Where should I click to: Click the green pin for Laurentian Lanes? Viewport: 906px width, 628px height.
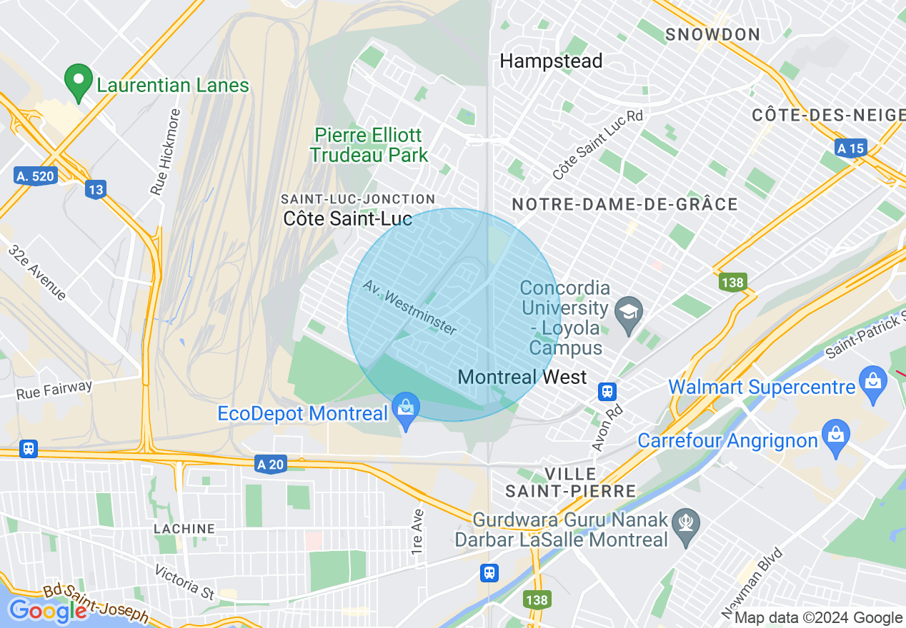[x=79, y=81]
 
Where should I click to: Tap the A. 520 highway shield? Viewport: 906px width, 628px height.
[x=35, y=176]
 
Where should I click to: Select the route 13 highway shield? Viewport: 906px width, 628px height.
[x=95, y=189]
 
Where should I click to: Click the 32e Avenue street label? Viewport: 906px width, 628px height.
[x=38, y=273]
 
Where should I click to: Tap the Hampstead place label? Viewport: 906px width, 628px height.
[x=551, y=61]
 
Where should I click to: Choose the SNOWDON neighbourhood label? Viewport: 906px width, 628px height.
[x=712, y=34]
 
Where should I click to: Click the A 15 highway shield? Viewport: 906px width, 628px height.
[x=850, y=148]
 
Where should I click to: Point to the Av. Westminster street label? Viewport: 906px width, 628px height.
[x=409, y=307]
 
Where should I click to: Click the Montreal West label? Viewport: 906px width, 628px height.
[x=522, y=377]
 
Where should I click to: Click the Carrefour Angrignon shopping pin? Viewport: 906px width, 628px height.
[x=835, y=437]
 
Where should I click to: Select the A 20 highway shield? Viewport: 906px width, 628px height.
[x=271, y=465]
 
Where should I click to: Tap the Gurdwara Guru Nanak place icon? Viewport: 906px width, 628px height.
[x=686, y=529]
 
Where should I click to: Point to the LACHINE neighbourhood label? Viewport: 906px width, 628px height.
[x=184, y=529]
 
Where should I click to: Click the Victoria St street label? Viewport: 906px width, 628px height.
[x=185, y=582]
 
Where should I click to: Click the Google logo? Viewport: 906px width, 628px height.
[x=48, y=611]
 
